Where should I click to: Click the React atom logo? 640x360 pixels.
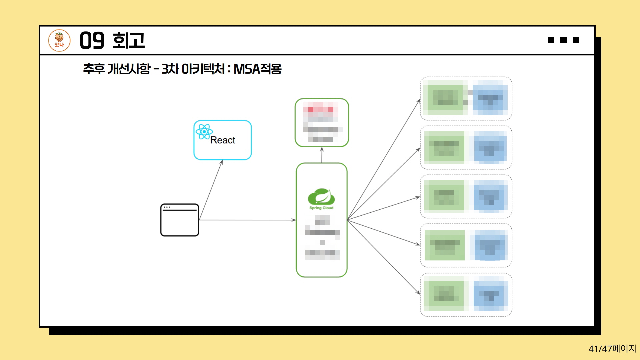tap(204, 132)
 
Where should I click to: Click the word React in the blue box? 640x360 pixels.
tap(223, 140)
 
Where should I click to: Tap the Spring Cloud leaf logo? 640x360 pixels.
tap(321, 197)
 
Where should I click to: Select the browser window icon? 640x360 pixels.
tap(180, 220)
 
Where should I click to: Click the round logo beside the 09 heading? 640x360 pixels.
tap(59, 41)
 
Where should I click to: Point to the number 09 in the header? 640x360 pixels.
tap(92, 41)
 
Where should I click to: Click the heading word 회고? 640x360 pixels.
tap(129, 41)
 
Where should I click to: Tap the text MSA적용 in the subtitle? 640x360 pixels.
tap(257, 69)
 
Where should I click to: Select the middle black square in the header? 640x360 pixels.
tap(564, 40)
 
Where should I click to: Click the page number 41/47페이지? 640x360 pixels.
tap(612, 349)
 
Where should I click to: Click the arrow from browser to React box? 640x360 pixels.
tap(211, 190)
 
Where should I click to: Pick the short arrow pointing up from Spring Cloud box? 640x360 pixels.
tap(322, 155)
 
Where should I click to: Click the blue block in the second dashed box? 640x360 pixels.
tap(489, 147)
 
